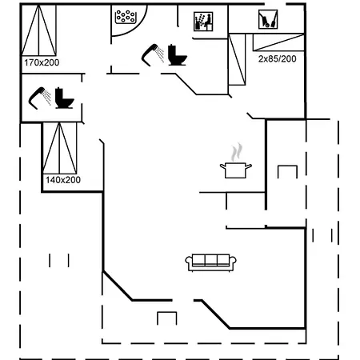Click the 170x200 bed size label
pos(42,62)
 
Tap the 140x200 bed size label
pos(63,180)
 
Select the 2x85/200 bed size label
pos(277,58)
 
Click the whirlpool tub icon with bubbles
pos(126,17)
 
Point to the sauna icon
pos(203,22)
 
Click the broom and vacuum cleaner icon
pos(268,19)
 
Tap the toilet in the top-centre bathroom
pos(178,55)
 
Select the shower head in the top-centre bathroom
pos(153,54)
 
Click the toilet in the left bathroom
pos(64,98)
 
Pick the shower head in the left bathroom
pos(40,98)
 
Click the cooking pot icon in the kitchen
pos(236,170)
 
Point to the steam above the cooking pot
pos(237,152)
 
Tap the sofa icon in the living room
pos(210,262)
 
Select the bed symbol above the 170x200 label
pos(38,30)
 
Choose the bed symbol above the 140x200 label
pos(60,148)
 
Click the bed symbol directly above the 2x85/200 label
pos(278,42)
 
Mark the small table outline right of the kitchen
pos(287,172)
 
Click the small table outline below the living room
pos(167,318)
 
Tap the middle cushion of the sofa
pos(211,260)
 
